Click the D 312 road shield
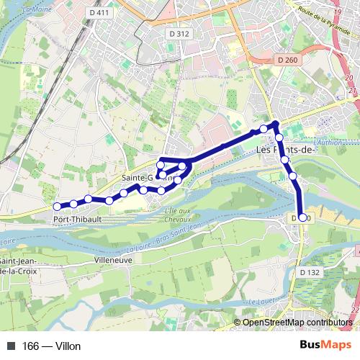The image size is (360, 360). coord(179,34)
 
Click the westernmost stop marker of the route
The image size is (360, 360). coord(58,207)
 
